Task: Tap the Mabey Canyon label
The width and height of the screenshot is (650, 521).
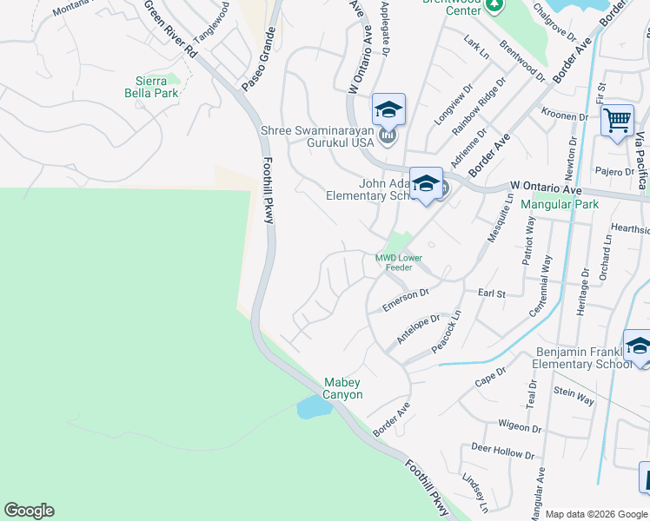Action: (342, 388)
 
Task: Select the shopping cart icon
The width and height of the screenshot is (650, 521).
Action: (617, 121)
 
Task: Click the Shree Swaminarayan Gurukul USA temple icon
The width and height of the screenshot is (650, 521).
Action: (388, 135)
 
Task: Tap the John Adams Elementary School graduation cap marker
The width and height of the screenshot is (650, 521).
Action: (426, 185)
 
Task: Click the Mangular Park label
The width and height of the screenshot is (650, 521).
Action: (560, 205)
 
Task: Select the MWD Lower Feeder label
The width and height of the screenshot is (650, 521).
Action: (399, 262)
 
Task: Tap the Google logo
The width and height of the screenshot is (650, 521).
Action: (29, 511)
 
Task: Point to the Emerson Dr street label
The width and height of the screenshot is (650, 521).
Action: (406, 300)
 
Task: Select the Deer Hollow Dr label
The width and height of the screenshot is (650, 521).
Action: (502, 453)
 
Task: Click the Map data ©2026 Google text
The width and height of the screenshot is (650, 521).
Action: (596, 513)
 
